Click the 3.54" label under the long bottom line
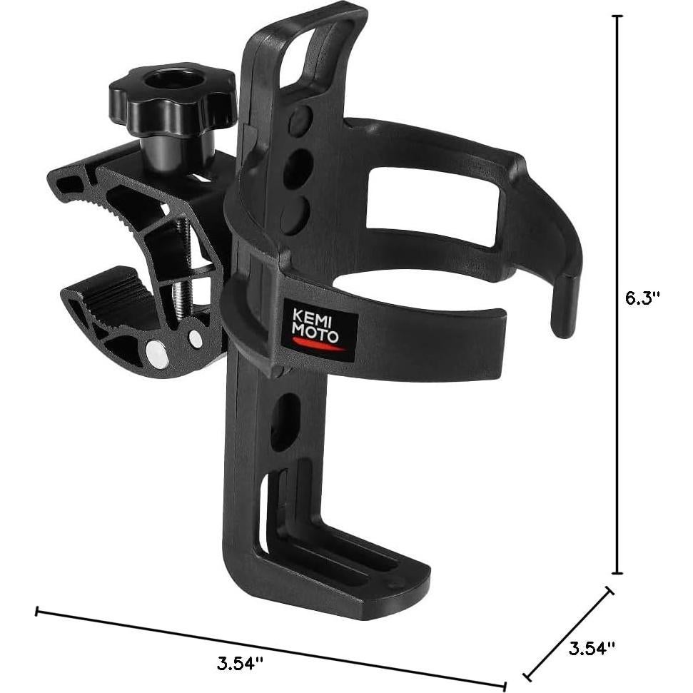click(x=240, y=661)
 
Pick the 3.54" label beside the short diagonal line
click(x=592, y=647)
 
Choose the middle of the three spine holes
click(x=298, y=168)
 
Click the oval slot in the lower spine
click(x=284, y=420)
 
